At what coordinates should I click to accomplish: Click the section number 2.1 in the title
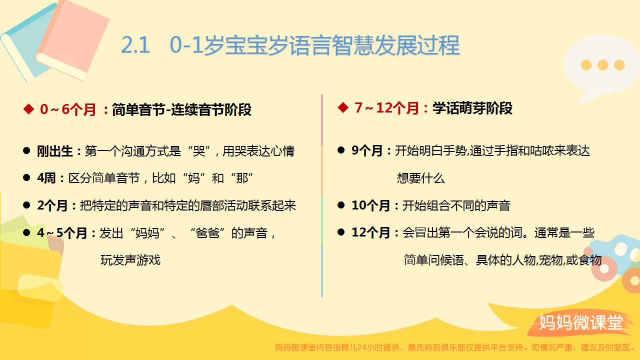pyautogui.click(x=135, y=45)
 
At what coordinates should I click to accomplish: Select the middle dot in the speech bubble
pyautogui.click(x=602, y=65)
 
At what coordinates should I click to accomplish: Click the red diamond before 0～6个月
pyautogui.click(x=28, y=109)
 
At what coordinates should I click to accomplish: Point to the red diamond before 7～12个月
pyautogui.click(x=343, y=107)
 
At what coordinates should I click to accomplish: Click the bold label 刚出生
pyautogui.click(x=54, y=151)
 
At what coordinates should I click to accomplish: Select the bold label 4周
pyautogui.click(x=46, y=178)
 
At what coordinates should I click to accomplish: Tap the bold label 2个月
pyautogui.click(x=52, y=205)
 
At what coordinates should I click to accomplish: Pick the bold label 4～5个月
pyautogui.click(x=61, y=233)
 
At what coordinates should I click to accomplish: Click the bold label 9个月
pyautogui.click(x=367, y=150)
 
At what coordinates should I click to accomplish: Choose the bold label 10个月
pyautogui.click(x=371, y=205)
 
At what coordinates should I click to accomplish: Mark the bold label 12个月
pyautogui.click(x=371, y=232)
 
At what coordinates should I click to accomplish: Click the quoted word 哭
pyautogui.click(x=199, y=151)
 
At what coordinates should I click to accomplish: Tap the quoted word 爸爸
pyautogui.click(x=207, y=233)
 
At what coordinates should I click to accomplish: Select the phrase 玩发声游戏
pyautogui.click(x=130, y=260)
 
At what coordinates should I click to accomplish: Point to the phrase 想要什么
pyautogui.click(x=420, y=178)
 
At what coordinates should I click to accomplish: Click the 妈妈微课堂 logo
pyautogui.click(x=580, y=322)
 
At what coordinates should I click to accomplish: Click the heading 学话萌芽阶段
pyautogui.click(x=472, y=108)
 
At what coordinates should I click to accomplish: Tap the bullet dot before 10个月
pyautogui.click(x=341, y=205)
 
